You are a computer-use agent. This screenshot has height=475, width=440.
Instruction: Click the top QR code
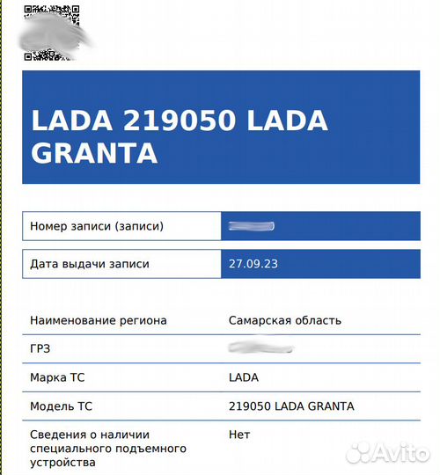pos(40,14)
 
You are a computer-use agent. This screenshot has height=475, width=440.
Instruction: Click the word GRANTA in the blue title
pos(94,152)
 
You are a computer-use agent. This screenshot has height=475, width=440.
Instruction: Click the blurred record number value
pos(251,226)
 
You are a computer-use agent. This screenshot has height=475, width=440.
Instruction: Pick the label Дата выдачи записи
pos(90,263)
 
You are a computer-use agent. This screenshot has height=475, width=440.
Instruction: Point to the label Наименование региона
pos(98,320)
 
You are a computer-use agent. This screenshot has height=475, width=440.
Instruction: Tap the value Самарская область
pos(284,320)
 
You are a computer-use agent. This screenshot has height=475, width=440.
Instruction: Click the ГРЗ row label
pos(40,348)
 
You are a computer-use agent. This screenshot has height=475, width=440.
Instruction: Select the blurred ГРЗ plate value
pos(260,348)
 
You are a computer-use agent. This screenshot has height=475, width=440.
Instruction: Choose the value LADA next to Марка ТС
pos(243,377)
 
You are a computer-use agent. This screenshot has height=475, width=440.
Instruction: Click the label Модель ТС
pos(62,406)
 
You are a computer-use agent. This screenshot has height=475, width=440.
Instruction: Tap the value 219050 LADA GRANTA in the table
pos(290,406)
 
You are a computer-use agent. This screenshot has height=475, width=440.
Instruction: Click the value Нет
pos(238,435)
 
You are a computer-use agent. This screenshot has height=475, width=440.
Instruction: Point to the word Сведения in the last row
pos(57,435)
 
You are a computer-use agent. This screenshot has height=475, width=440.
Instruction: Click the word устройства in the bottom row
pos(62,463)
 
